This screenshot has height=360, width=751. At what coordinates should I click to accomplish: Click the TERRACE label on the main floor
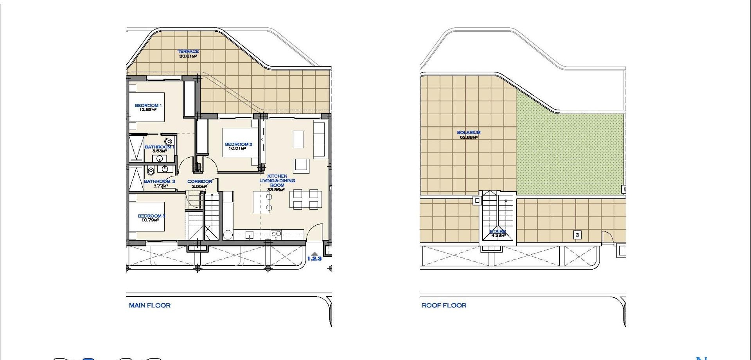188,51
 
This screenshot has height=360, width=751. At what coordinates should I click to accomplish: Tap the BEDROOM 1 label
148,105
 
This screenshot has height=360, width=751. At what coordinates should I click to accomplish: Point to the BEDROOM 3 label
151,216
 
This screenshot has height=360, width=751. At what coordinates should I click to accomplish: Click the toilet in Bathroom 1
168,141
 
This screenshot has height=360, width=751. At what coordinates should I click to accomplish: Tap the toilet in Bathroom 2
150,171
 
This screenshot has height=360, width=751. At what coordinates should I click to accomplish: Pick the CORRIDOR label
199,182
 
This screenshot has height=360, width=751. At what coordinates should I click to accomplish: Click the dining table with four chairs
305,199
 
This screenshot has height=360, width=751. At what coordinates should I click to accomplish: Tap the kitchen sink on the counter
249,235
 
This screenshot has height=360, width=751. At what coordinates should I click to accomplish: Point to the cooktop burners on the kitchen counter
276,234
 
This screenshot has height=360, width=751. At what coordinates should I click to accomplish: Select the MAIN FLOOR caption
150,305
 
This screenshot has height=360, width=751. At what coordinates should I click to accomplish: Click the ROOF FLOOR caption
444,305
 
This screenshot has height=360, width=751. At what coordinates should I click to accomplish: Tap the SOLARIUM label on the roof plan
469,132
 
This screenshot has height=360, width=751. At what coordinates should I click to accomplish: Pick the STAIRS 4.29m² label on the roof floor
498,234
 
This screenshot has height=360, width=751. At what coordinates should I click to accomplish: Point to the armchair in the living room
301,165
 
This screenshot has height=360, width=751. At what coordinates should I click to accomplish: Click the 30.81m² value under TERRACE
188,56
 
